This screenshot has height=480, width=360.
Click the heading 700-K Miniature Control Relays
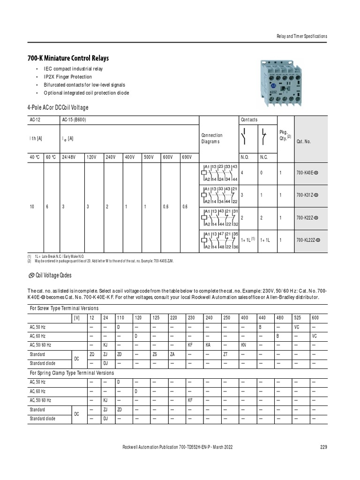pos(68,58)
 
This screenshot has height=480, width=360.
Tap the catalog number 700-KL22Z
pos(308,240)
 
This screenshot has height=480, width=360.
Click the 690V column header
pos(188,157)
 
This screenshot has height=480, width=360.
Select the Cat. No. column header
pos(303,141)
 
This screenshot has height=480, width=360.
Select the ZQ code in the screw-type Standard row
pos(92,354)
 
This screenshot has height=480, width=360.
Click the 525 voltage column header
pos(297,318)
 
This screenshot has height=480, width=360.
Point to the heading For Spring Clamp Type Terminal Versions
pos(72,373)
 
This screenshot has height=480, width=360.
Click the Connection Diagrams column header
pos(212,138)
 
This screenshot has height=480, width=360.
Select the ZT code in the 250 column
pos(225,354)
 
